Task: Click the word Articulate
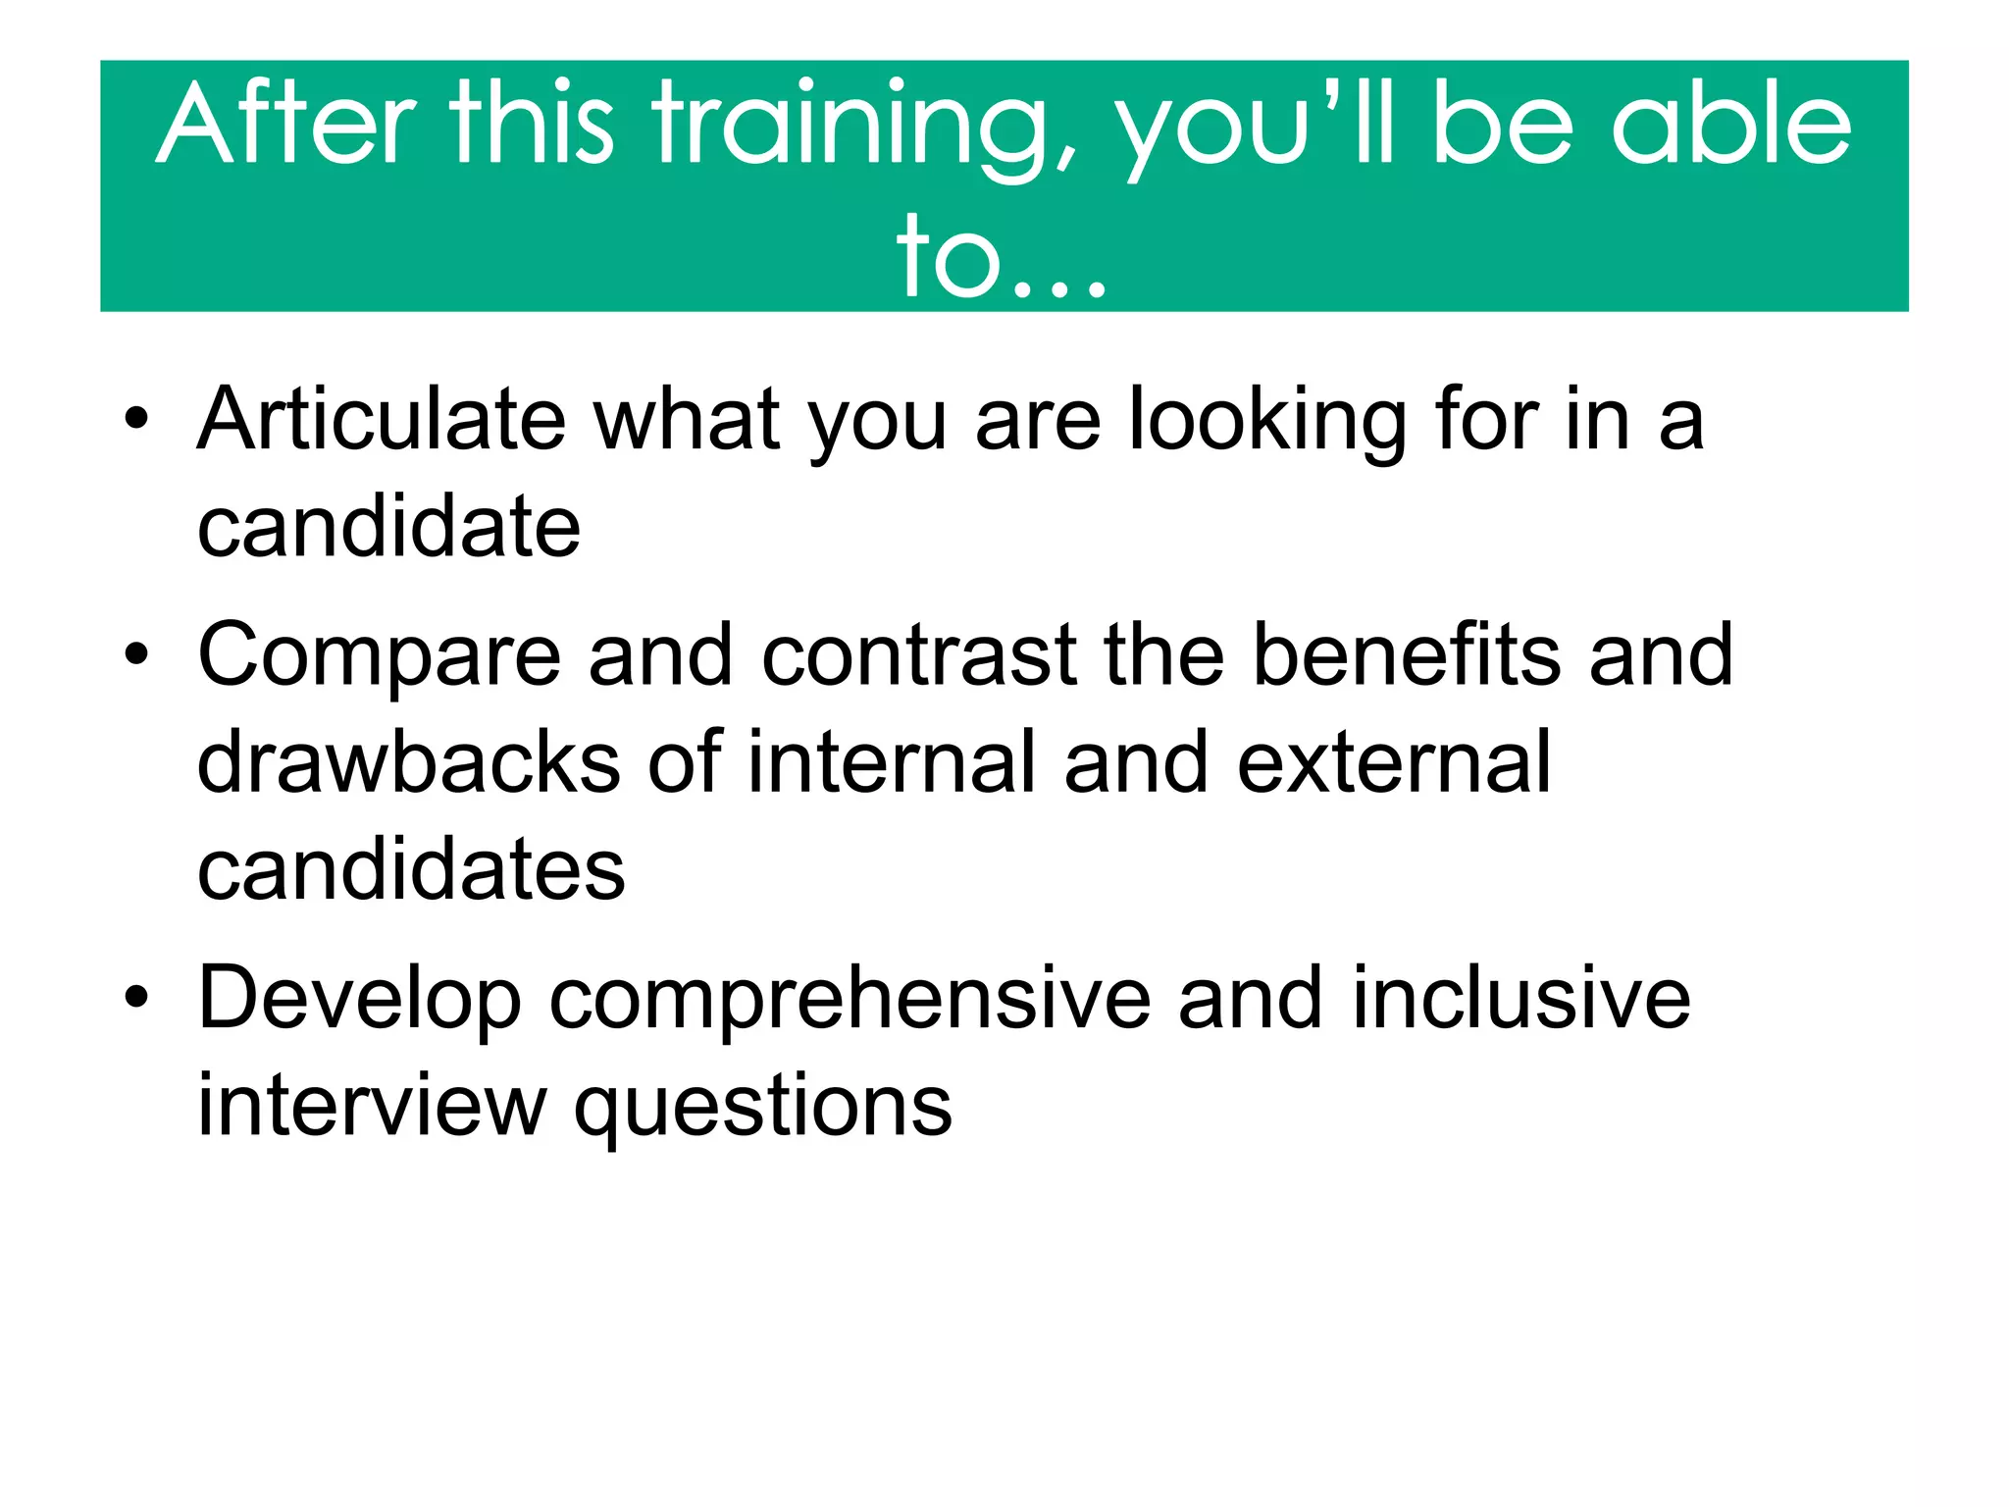point(382,420)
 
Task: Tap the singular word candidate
point(388,527)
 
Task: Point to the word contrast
point(919,655)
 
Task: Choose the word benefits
point(1407,654)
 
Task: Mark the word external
point(1394,762)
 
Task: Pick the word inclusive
point(1521,998)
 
